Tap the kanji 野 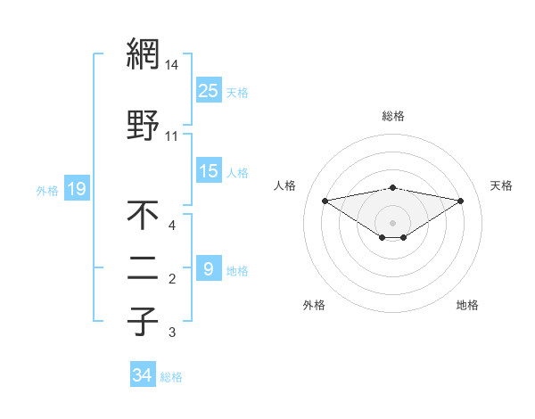(x=143, y=124)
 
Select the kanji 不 (x=143, y=215)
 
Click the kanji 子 (x=143, y=321)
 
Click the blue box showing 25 (x=209, y=90)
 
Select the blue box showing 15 (x=209, y=171)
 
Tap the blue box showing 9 (x=208, y=269)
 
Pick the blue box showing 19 (x=76, y=189)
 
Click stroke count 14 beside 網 (x=172, y=66)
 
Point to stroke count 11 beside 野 (x=172, y=136)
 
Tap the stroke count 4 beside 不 (x=172, y=226)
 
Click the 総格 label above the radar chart (x=393, y=116)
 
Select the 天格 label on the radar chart (x=502, y=185)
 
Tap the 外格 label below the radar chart (x=314, y=305)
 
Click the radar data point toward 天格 (x=461, y=201)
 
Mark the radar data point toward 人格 (x=325, y=201)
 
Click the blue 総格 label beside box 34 (x=171, y=377)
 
